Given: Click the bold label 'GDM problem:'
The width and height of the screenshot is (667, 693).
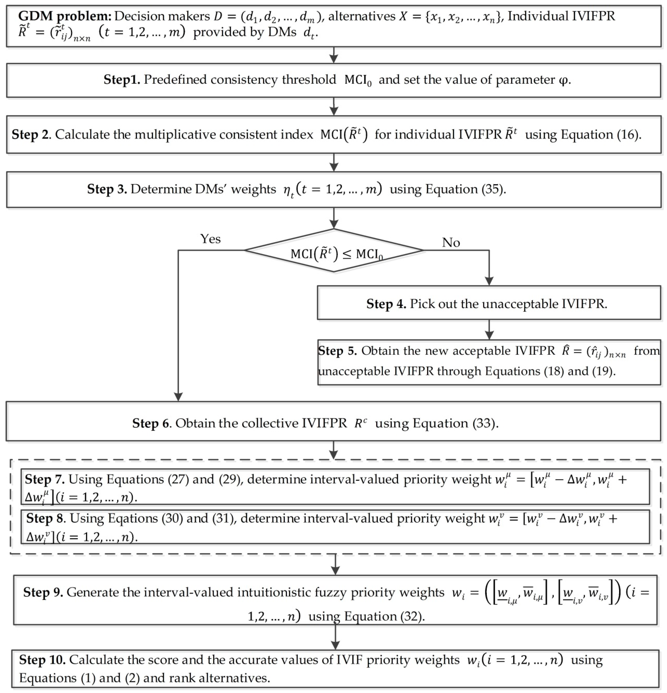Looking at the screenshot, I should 65,16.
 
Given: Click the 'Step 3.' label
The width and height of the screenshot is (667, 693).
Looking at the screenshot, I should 107,189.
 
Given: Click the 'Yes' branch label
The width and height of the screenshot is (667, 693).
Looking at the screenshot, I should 210,239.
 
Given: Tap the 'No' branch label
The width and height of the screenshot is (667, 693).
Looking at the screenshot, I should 451,243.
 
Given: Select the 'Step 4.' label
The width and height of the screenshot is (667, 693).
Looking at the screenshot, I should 386,304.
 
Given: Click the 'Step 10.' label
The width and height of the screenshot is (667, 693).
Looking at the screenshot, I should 42,660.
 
